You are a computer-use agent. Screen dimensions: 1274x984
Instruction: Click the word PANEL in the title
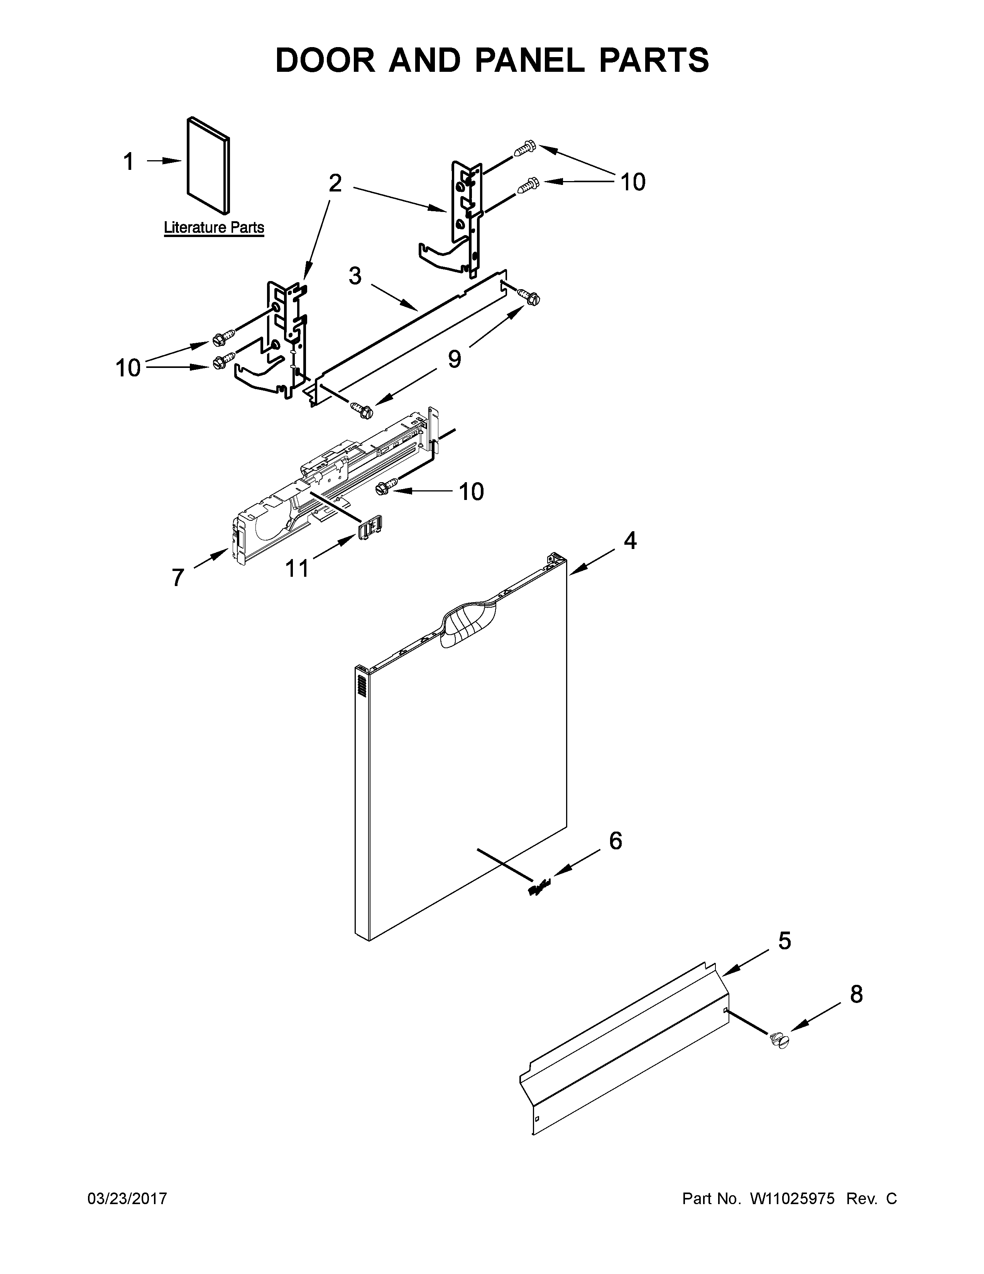coord(529,60)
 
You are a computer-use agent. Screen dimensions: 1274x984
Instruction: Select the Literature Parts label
coord(214,227)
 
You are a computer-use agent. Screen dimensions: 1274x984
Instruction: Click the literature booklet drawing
coord(208,166)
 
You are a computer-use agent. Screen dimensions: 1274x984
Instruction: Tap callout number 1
coord(129,162)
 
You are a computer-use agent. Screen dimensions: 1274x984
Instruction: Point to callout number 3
coord(355,275)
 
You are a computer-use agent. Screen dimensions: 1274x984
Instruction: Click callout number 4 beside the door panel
coord(630,541)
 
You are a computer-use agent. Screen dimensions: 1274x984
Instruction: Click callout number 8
coord(856,994)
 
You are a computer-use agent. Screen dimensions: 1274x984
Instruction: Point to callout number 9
coord(454,359)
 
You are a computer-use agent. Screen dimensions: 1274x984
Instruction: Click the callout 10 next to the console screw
coord(471,492)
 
